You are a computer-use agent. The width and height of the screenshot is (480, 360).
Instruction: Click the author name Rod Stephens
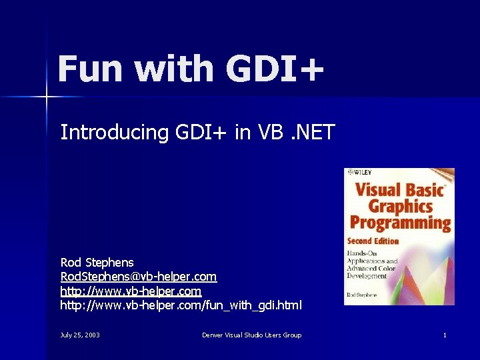point(97,263)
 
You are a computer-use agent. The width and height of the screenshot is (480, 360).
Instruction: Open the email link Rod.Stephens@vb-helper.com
point(138,277)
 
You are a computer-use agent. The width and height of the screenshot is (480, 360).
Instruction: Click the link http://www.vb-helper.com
point(131,291)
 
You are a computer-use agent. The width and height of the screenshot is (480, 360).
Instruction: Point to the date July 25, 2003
point(80,335)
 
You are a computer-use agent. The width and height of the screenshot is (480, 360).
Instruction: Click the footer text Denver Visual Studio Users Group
point(251,335)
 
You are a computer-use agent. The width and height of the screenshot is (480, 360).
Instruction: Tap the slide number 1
point(445,335)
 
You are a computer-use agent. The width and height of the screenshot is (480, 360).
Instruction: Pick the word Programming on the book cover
point(401,223)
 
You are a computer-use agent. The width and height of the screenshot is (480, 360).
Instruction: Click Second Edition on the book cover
point(373,241)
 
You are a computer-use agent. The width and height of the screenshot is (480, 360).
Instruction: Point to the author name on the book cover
point(361,294)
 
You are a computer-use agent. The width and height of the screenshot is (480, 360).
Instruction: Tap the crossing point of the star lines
point(47,97)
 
